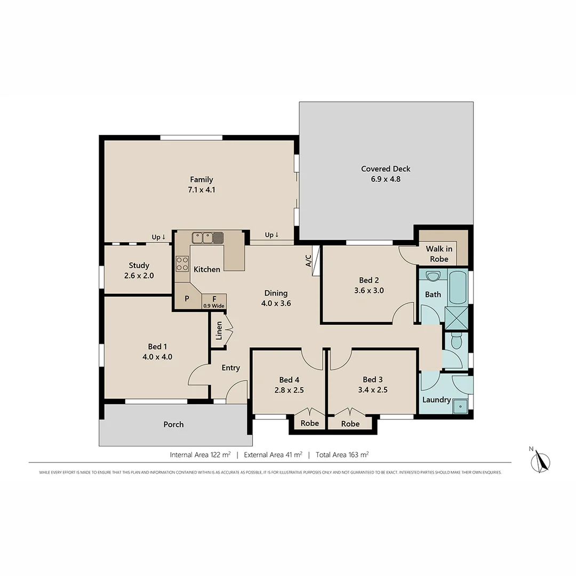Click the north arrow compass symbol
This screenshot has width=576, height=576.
543,461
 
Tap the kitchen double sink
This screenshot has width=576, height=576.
208,237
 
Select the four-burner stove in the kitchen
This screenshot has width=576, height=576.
182,264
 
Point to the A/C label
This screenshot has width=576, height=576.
308,260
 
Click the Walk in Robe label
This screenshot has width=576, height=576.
439,254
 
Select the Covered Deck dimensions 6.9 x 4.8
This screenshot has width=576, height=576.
386,179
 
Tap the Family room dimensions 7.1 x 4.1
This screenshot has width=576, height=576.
201,189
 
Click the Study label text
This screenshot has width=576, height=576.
139,265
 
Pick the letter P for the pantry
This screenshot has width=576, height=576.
187,299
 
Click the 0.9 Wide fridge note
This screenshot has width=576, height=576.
213,306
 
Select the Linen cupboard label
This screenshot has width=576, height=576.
219,331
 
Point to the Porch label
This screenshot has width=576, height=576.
173,425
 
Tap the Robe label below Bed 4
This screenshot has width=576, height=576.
309,423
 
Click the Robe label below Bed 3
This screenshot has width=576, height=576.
350,423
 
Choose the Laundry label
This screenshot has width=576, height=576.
436,400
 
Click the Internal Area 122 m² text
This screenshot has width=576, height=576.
200,455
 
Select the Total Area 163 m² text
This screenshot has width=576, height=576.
342,455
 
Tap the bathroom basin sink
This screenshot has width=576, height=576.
433,276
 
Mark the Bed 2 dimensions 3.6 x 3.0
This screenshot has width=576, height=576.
369,291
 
